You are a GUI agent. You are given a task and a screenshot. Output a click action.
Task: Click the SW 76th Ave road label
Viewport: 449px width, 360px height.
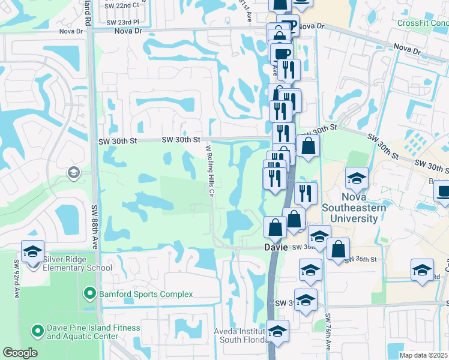pos(328,332)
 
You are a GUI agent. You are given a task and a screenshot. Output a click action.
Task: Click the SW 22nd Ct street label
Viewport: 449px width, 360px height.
pos(125,5)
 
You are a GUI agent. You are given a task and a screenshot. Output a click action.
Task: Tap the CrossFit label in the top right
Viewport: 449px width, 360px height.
pos(423,23)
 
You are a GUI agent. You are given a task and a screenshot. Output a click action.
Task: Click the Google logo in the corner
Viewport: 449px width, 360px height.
pos(20,353)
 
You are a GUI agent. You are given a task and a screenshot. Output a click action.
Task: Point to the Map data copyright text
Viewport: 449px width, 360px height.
pos(423,355)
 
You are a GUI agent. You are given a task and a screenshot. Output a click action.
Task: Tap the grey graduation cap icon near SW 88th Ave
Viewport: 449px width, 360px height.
pos(74,173)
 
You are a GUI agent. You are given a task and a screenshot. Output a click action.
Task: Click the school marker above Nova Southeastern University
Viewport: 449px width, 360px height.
pos(357,178)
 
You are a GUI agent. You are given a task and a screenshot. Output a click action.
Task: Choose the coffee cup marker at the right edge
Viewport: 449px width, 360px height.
pos(443,191)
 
